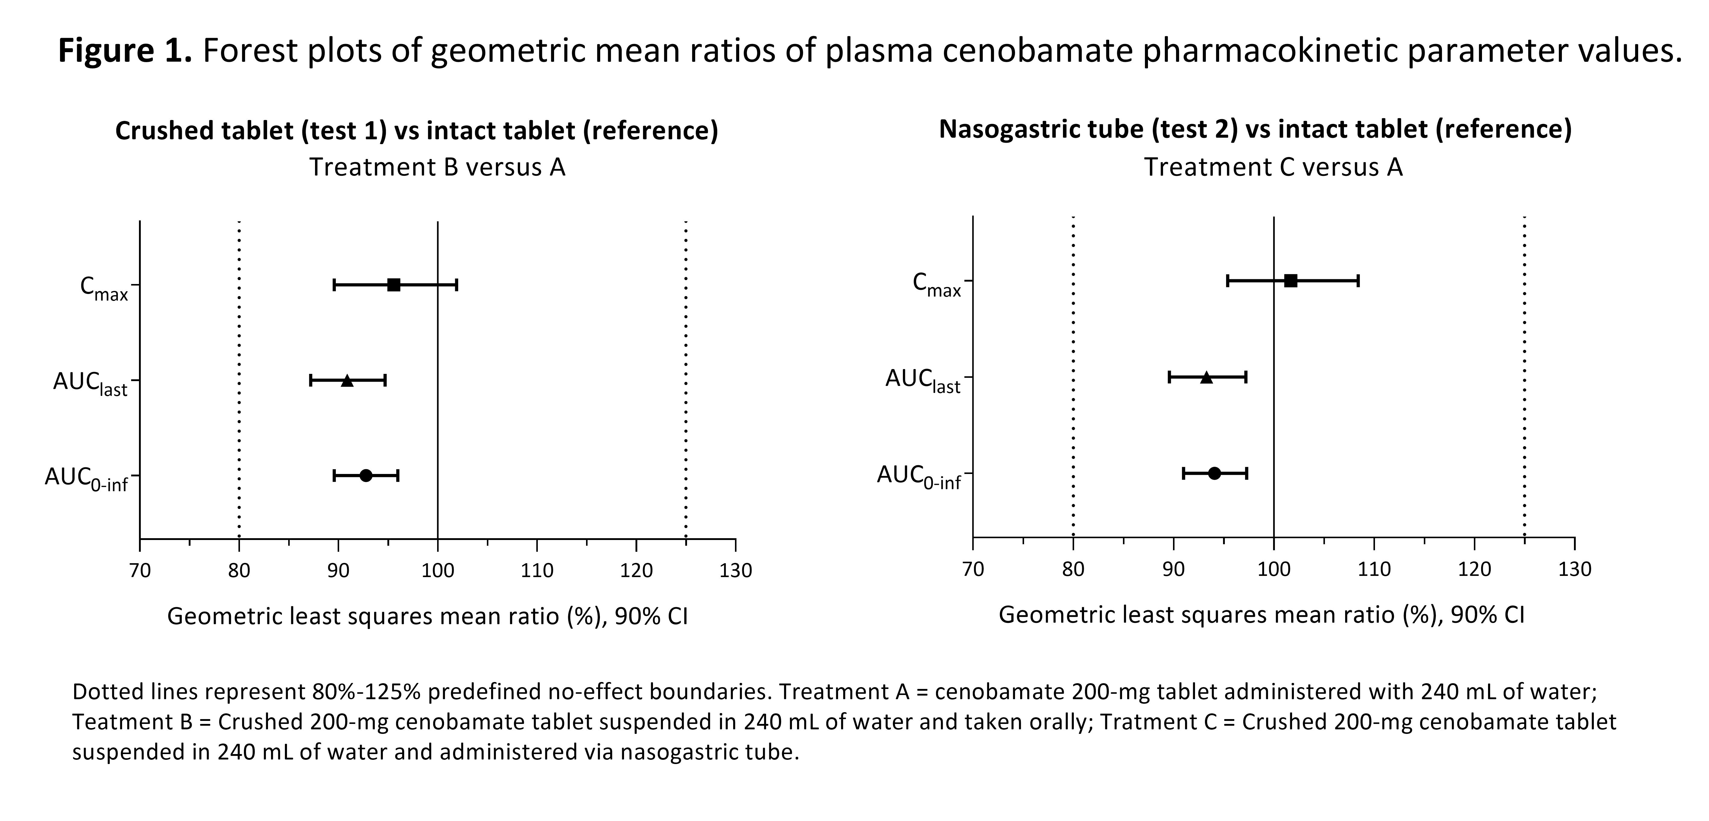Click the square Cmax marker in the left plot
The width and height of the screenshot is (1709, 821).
[393, 285]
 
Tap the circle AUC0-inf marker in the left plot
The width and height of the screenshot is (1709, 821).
[366, 475]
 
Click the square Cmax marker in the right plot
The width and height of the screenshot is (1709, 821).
[1290, 281]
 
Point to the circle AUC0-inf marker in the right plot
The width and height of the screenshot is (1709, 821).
[1214, 473]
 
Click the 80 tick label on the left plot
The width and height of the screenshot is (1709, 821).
[239, 571]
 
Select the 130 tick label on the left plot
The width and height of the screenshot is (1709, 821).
[735, 571]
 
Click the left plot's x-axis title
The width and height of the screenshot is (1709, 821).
[427, 617]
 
